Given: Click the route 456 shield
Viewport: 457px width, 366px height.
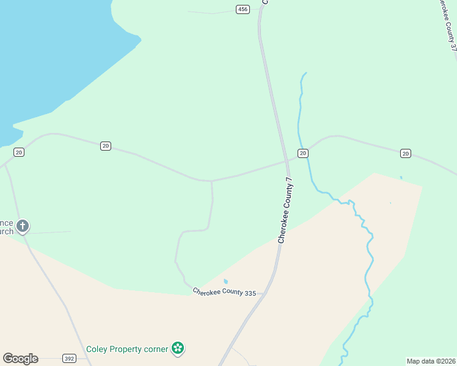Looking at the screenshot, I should pyautogui.click(x=243, y=9).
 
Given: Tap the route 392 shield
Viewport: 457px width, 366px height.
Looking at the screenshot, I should pyautogui.click(x=68, y=359).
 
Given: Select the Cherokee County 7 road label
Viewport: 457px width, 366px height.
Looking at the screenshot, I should pyautogui.click(x=285, y=211).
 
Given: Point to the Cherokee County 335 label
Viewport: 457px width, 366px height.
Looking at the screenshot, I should pyautogui.click(x=224, y=293).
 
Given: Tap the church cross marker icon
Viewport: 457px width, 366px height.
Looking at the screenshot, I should pyautogui.click(x=23, y=227).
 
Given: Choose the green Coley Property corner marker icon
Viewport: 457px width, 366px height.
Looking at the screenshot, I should pyautogui.click(x=178, y=349).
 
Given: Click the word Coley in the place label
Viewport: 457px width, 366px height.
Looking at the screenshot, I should pyautogui.click(x=97, y=350).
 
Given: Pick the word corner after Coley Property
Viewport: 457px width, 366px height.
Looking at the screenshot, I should pyautogui.click(x=157, y=350).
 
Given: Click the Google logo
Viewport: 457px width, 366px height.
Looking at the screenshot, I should pyautogui.click(x=20, y=359).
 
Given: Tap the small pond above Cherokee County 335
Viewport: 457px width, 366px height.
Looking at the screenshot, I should pyautogui.click(x=226, y=281).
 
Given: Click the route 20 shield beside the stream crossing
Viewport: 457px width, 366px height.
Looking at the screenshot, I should pyautogui.click(x=302, y=152).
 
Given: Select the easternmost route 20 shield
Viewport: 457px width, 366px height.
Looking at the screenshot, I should pyautogui.click(x=406, y=153).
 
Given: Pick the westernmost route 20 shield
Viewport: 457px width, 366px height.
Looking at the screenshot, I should pyautogui.click(x=19, y=152).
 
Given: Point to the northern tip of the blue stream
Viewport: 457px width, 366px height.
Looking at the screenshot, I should pyautogui.click(x=305, y=73).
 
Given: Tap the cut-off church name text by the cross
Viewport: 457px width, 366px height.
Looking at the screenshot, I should pyautogui.click(x=7, y=228).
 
